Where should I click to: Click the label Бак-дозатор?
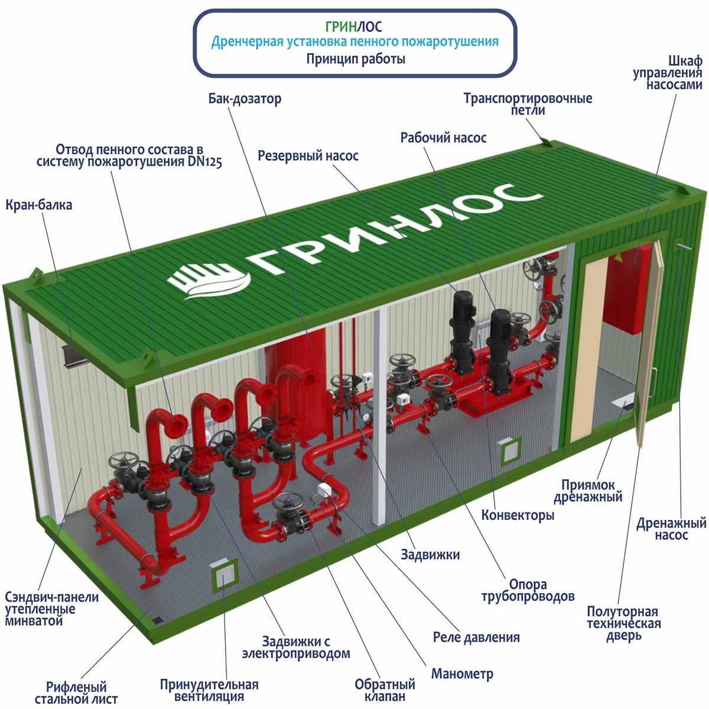click(245, 99)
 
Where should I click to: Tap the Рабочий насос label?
click(443, 138)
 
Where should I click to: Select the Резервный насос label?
click(308, 155)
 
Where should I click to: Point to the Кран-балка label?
click(38, 205)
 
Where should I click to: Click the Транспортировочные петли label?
click(528, 104)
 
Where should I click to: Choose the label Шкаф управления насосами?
click(668, 73)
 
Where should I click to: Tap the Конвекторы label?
click(518, 515)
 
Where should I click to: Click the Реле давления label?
click(476, 638)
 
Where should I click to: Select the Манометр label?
click(462, 674)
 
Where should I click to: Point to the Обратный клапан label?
click(385, 690)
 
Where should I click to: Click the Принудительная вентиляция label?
click(209, 690)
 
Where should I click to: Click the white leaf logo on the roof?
click(209, 281)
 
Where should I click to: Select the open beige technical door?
click(648, 344)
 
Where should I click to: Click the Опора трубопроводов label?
click(528, 590)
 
